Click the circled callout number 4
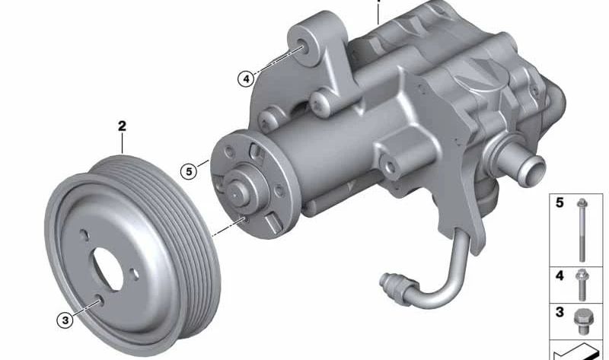point(246,79)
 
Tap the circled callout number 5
point(189,171)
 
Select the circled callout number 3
point(65,320)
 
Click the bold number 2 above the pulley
point(122,126)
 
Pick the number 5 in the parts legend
point(560,202)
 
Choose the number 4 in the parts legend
point(560,276)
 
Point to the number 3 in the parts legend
point(560,312)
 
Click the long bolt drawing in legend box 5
point(582,230)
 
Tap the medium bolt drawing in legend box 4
point(582,285)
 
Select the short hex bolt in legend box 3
point(582,321)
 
